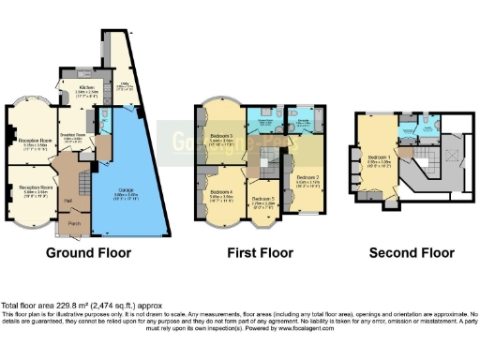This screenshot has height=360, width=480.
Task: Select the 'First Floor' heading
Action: click(x=254, y=253)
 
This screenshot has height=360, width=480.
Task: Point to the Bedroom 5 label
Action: click(x=262, y=200)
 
